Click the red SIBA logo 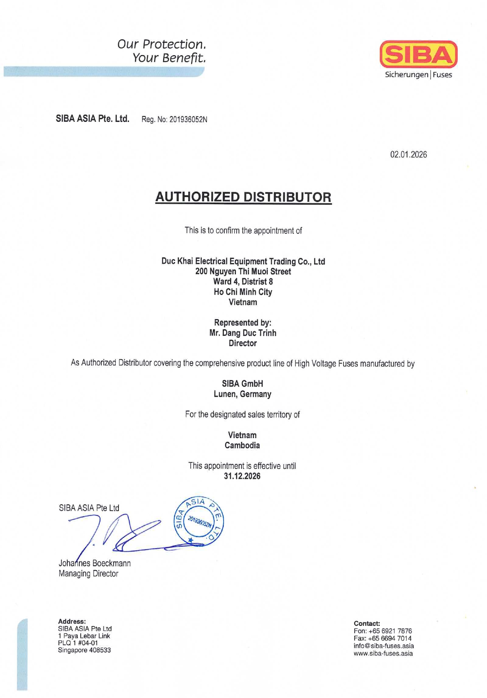(418, 54)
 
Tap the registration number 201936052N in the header (188, 119)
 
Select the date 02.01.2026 (408, 155)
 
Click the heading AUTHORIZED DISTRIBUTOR (243, 197)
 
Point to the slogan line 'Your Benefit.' (169, 58)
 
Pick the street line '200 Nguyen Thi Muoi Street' (243, 272)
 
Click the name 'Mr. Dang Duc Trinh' (243, 333)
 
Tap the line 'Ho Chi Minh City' (243, 292)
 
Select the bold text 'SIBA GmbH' (242, 384)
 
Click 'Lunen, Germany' (242, 394)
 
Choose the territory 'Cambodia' (242, 445)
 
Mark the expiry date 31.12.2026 (242, 476)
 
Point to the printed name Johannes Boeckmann (95, 563)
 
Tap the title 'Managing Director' (88, 574)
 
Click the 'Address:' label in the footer (72, 621)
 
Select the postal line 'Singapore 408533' (84, 650)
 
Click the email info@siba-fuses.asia (384, 646)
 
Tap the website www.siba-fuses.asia (383, 653)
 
